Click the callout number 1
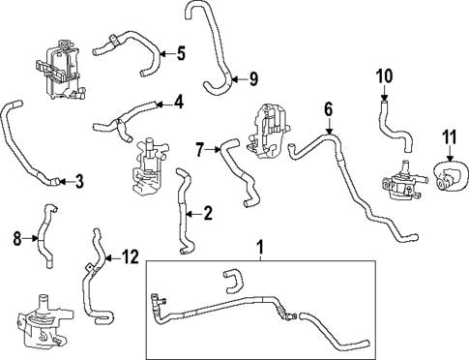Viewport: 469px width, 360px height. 259,251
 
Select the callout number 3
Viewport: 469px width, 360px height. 78,179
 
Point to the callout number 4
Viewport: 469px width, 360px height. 178,102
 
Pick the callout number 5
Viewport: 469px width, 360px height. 180,54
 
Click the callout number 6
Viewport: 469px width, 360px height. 328,109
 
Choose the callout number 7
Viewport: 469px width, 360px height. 200,149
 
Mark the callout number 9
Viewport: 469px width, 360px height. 253,77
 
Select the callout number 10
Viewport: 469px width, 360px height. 385,75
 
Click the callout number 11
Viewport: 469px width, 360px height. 448,135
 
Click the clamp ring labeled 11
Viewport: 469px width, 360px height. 448,174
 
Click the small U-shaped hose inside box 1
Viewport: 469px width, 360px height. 229,280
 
